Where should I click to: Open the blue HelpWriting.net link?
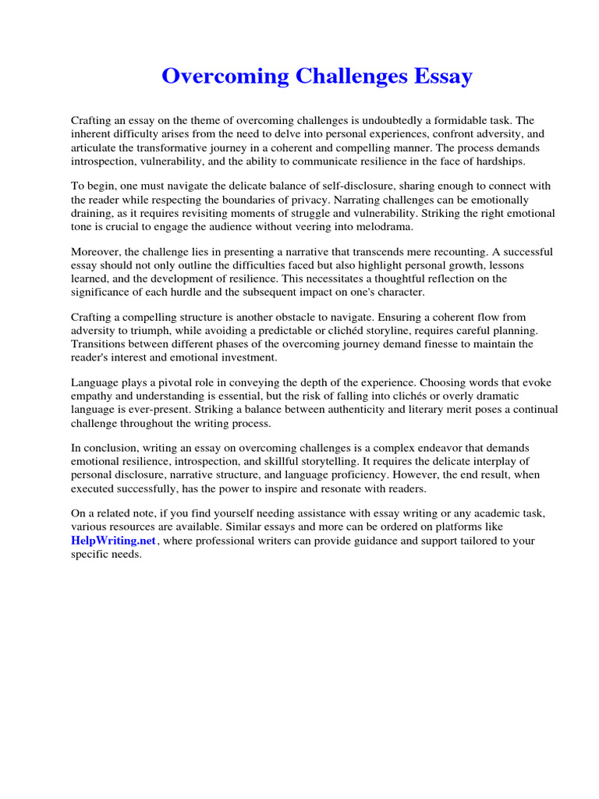tap(114, 541)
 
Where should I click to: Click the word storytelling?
tap(317, 461)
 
